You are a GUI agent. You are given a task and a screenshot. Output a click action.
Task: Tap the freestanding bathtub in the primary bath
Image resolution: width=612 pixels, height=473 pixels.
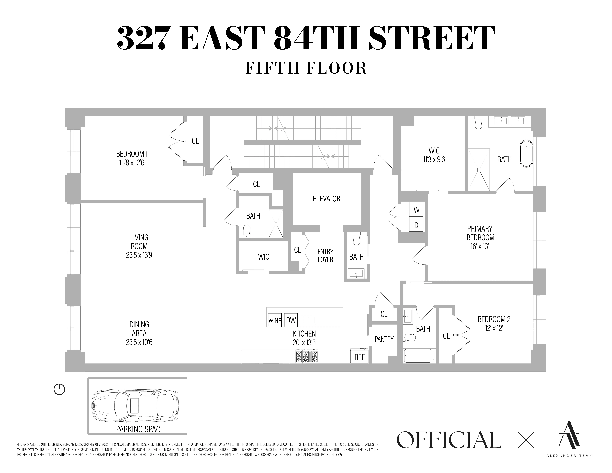[526, 154]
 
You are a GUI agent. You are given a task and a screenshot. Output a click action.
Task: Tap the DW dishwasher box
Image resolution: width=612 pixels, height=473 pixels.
[291, 320]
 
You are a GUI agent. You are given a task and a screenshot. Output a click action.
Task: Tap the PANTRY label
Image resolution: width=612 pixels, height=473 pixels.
[384, 339]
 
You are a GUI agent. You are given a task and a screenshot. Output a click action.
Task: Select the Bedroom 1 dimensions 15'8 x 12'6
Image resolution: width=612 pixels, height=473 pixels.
[132, 163]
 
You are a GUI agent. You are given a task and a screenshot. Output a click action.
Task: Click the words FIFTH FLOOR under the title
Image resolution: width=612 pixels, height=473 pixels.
[306, 68]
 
